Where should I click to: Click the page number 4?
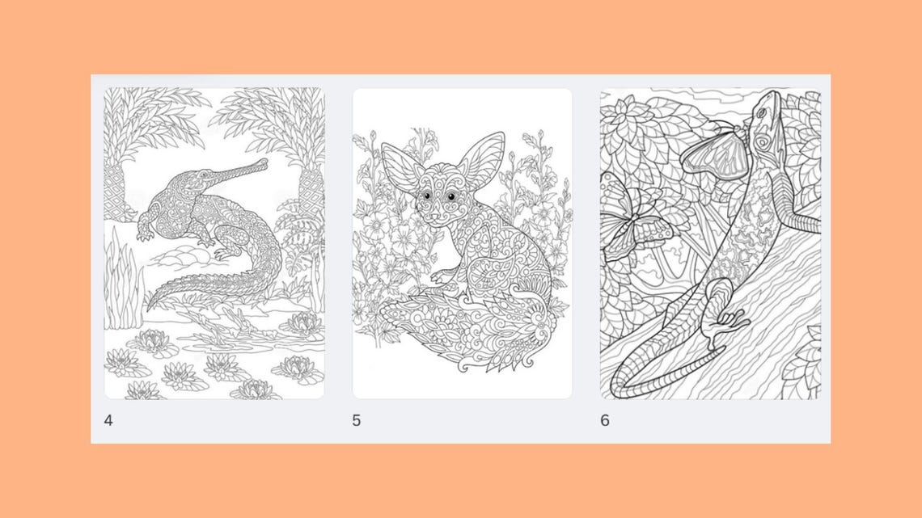click(x=108, y=420)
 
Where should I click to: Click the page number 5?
click(x=357, y=420)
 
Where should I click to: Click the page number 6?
click(x=605, y=420)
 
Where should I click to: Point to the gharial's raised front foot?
click(x=145, y=234)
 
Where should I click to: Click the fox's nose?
click(x=434, y=217)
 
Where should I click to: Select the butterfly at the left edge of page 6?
click(x=623, y=221)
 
